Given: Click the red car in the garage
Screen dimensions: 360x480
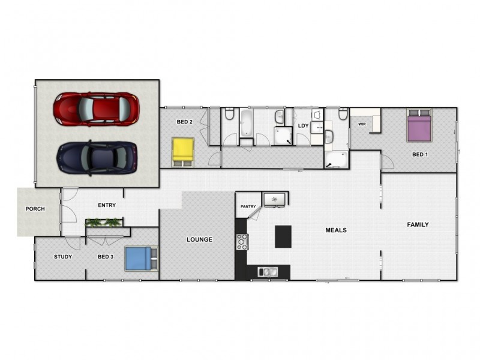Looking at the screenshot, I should coord(97,109).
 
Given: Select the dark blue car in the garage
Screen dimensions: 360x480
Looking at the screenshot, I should coord(97,157).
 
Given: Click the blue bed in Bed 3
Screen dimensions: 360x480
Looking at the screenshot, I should coord(139,259).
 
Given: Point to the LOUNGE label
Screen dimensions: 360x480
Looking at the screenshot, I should coord(199,239).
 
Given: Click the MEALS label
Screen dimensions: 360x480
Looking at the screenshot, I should coord(336,230).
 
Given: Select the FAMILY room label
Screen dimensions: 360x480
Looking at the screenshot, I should coord(418,225).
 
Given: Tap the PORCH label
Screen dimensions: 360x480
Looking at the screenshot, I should coord(35,209).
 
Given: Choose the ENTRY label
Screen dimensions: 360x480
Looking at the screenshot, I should coord(107,206).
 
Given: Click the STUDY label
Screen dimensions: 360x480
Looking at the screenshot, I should coord(63,257).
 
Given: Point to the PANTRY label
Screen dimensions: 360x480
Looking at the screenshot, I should coord(248,207).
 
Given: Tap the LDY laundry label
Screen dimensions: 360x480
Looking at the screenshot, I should coord(303,125).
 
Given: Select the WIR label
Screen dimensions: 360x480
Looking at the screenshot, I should coord(362,124).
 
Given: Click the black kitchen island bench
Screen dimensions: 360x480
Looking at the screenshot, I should coord(283,236).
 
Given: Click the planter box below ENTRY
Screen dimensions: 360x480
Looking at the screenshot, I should coord(104,223).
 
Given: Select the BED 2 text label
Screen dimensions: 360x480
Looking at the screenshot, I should coord(184,122).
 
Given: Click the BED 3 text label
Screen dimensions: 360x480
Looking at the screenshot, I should coord(106,257).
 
